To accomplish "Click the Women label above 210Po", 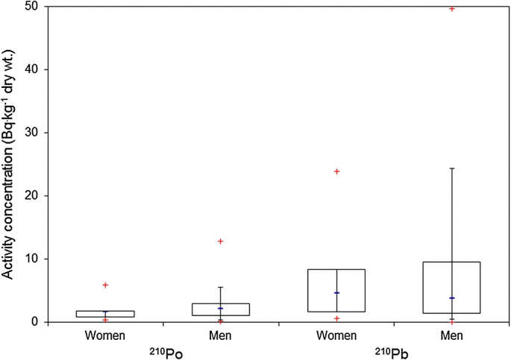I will pos(105,336).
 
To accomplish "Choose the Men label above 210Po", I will pos(221,336).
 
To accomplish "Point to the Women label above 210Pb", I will pos(336,336).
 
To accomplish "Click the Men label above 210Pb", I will pos(452,336).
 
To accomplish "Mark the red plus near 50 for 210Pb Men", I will pos(452,8).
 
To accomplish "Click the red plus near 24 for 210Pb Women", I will pos(336,171).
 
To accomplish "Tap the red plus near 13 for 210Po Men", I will pos(221,241).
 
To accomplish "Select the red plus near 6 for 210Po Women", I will pos(105,285).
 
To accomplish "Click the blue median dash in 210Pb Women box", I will pos(336,293).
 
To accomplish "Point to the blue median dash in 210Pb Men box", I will pos(452,298).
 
